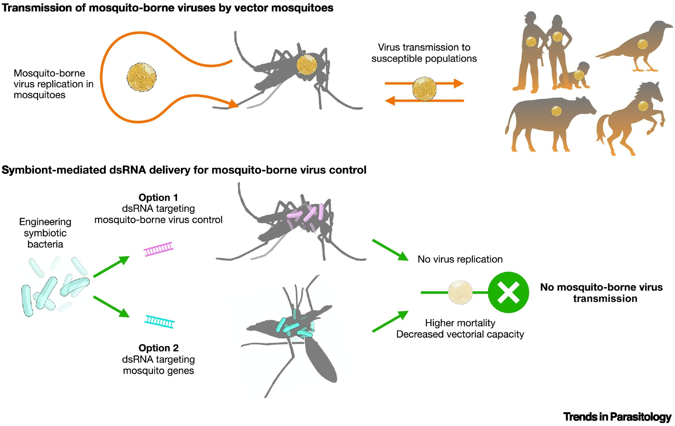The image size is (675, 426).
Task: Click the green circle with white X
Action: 508,292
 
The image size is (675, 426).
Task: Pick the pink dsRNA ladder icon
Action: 159,249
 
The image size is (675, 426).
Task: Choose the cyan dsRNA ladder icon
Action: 160,321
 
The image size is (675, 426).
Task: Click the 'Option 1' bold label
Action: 158,197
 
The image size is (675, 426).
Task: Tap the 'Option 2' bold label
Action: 158,348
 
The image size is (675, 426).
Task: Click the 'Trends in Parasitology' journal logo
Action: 617,417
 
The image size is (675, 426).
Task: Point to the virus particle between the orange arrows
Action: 424,89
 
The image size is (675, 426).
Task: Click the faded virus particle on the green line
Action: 460,292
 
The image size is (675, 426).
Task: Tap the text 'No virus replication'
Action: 460,259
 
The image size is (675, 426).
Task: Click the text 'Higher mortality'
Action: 460,323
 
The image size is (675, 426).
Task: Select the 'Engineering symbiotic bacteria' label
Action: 45,233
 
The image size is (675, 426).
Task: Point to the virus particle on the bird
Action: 642,44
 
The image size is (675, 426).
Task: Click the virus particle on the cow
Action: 556,111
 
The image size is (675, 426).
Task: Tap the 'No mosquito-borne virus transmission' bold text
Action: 601,293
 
